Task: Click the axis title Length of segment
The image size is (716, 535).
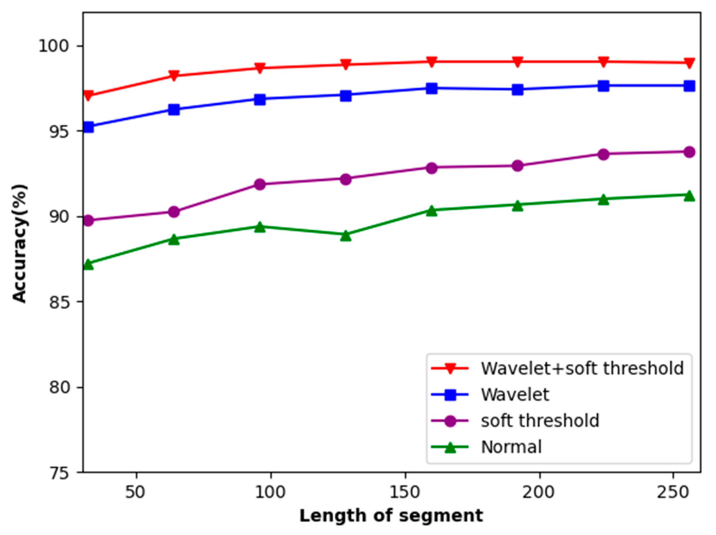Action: (391, 516)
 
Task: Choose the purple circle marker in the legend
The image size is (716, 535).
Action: (450, 421)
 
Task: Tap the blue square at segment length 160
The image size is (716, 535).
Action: (432, 88)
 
